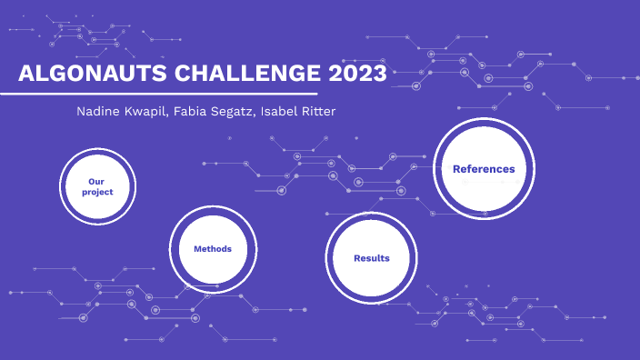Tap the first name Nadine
coord(102,111)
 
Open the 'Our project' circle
coord(97,186)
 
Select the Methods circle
coord(213,249)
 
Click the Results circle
coord(371,257)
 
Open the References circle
coord(483,169)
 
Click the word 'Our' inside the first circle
coord(97,181)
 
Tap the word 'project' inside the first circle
coord(97,192)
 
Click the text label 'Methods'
coord(213,249)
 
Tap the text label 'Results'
coord(371,258)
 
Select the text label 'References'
coord(484,169)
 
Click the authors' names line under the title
coord(207,111)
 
